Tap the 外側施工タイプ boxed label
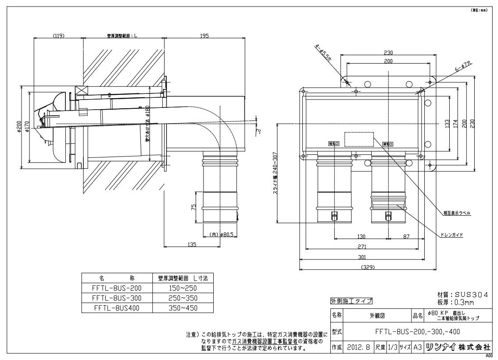(x=351, y=301)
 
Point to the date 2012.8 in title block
(x=358, y=347)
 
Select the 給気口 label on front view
(x=334, y=143)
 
